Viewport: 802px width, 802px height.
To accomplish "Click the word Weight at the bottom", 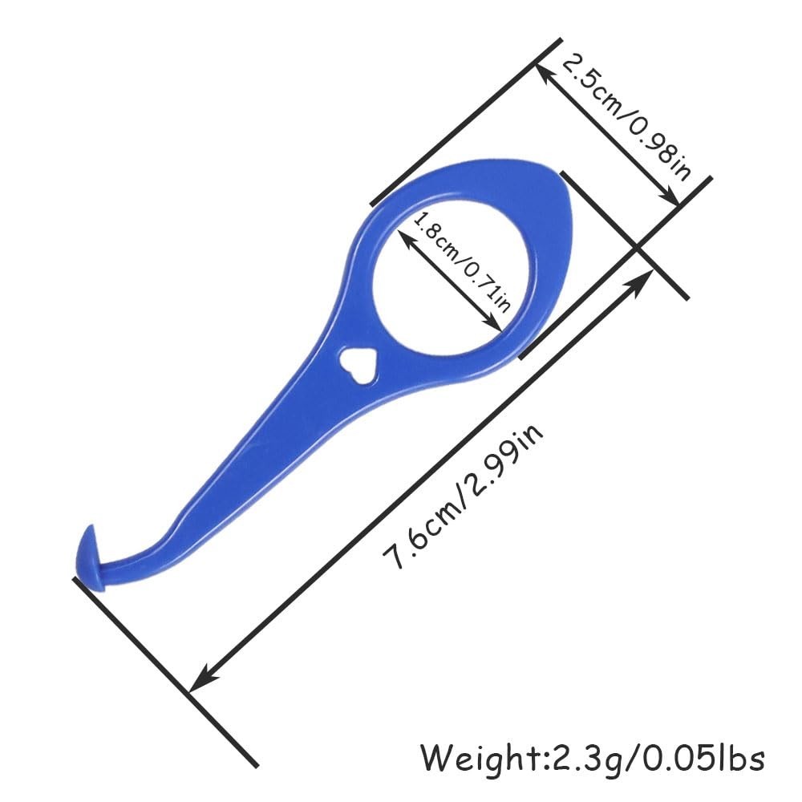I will [479, 757].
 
